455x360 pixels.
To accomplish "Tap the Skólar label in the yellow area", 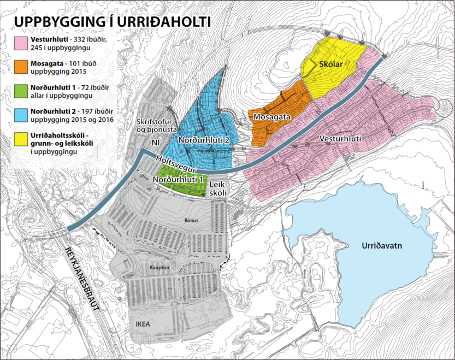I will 330,64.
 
